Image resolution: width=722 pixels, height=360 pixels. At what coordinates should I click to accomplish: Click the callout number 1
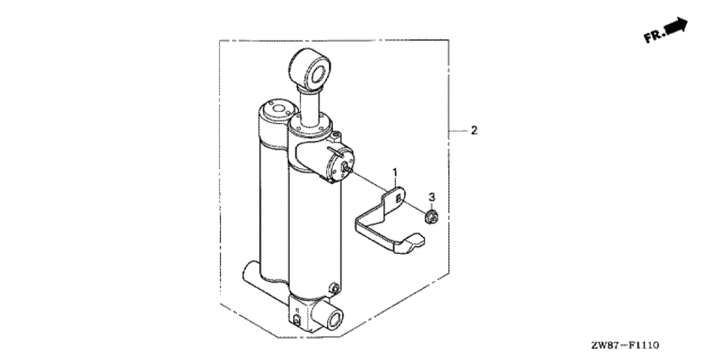395,172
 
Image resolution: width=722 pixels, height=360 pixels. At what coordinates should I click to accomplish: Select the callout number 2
474,131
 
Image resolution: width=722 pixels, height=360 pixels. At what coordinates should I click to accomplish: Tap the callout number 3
432,197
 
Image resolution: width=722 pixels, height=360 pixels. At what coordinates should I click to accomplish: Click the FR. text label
654,36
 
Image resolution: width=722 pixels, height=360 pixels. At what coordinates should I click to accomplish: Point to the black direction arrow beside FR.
676,25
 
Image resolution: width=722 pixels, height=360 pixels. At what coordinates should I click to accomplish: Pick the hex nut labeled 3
432,216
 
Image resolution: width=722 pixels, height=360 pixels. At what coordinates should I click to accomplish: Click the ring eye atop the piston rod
309,68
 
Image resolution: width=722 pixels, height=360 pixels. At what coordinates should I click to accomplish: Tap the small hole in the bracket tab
398,198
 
